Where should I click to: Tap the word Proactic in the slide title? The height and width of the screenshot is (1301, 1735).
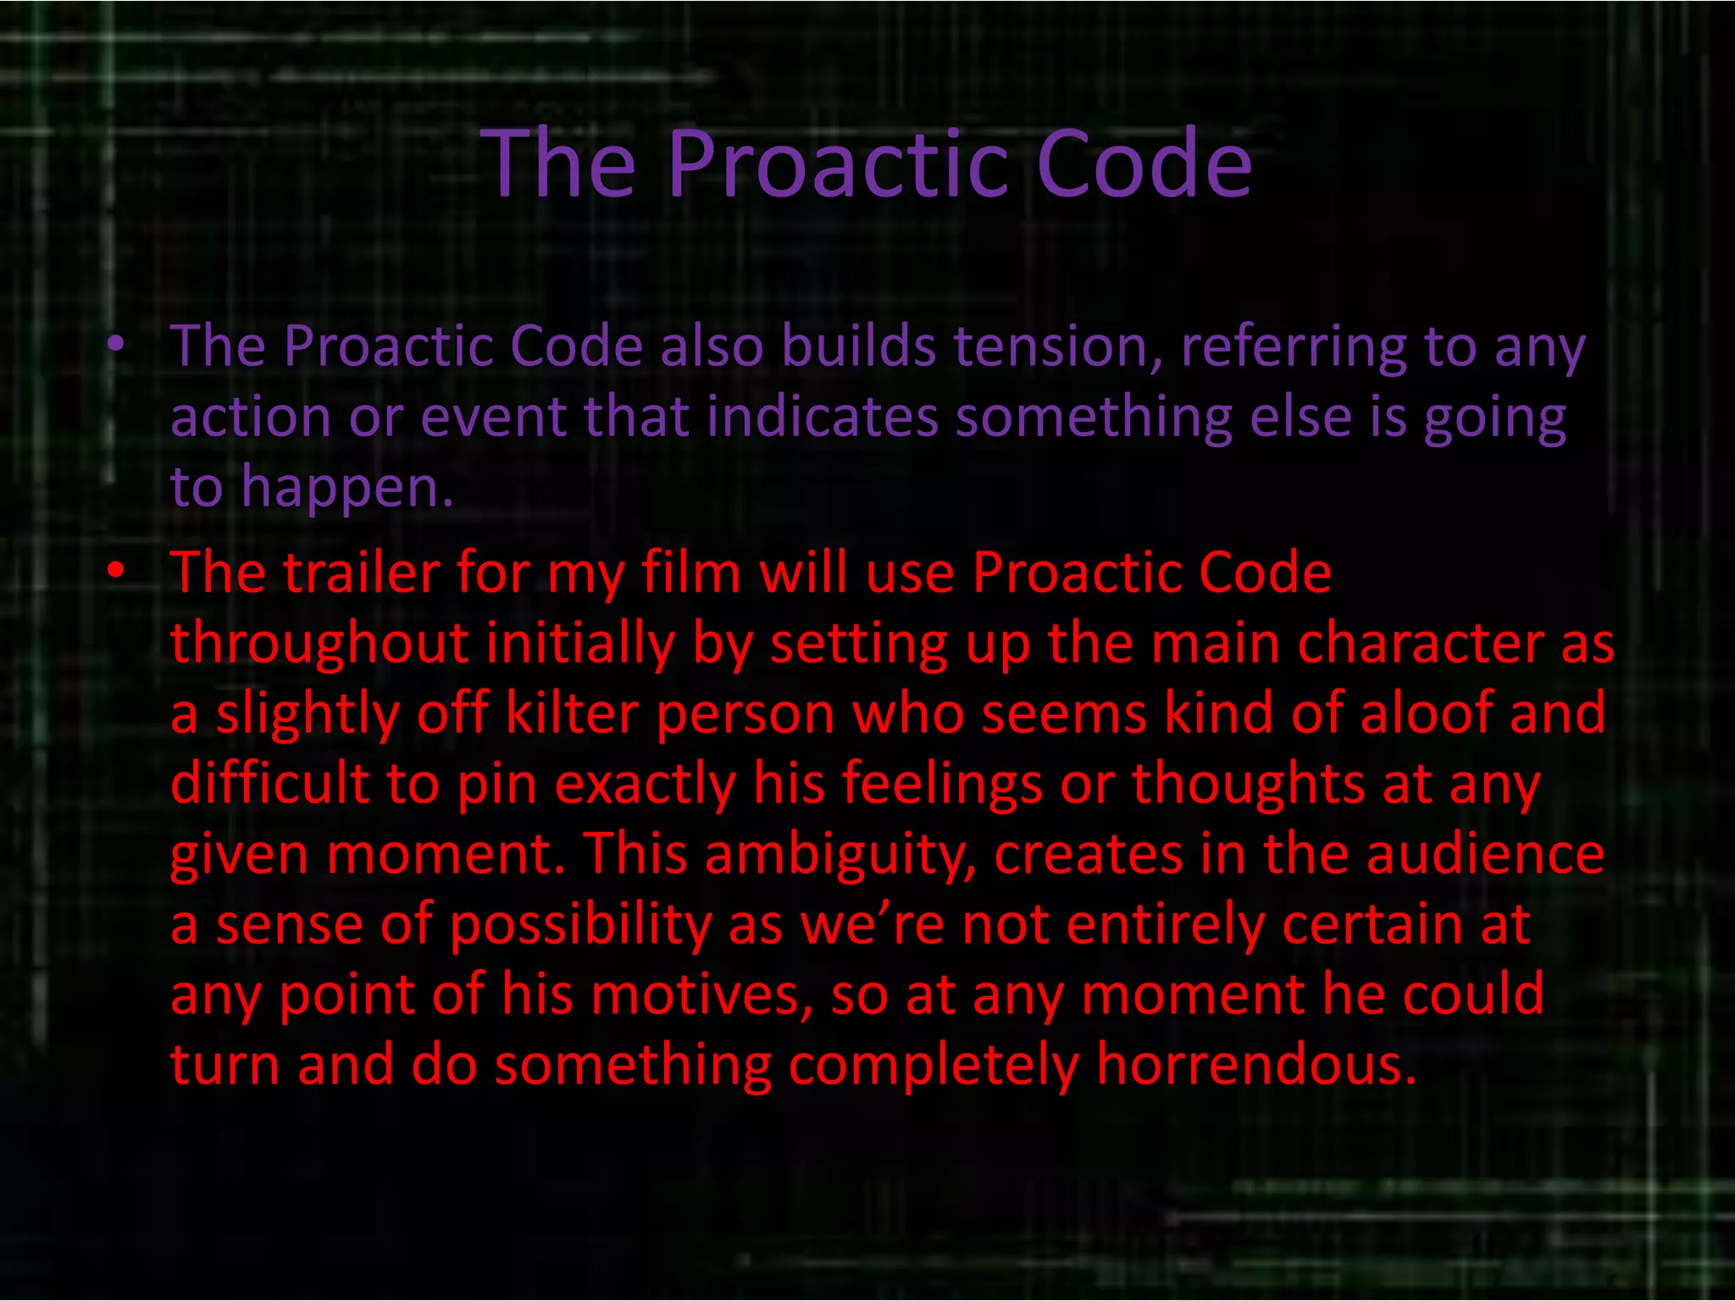(x=838, y=164)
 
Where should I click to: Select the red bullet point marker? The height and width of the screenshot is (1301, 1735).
(x=116, y=570)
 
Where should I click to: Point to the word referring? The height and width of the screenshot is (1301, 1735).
(x=1293, y=348)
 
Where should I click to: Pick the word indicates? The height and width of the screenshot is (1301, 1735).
(x=822, y=417)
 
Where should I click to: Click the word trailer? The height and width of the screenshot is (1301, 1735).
(x=361, y=573)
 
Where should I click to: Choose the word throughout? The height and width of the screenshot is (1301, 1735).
(x=319, y=644)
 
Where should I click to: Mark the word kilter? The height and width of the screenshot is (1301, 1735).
(x=571, y=713)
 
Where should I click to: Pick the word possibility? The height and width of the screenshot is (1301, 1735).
(x=580, y=925)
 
